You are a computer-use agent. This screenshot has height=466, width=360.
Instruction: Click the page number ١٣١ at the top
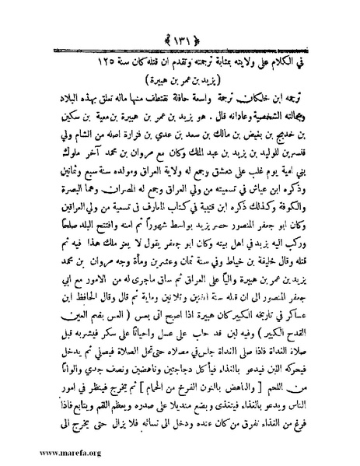[x=181, y=16]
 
